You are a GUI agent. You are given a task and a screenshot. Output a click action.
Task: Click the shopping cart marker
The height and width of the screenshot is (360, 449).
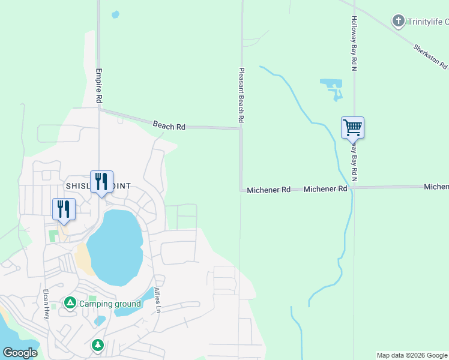(x=352, y=127)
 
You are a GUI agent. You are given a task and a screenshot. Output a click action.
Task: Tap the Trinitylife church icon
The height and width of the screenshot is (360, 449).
(x=397, y=22)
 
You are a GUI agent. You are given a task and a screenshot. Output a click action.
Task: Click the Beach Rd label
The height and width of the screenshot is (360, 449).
(x=169, y=126)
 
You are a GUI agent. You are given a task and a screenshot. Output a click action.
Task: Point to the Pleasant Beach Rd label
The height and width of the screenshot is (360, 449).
(x=241, y=95)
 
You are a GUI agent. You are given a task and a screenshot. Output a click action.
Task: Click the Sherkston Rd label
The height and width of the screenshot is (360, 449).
(x=430, y=56)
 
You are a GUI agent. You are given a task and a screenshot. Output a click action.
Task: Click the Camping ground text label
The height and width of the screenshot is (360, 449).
(x=110, y=304)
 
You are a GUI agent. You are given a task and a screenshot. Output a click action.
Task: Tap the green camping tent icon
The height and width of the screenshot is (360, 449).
(x=70, y=304)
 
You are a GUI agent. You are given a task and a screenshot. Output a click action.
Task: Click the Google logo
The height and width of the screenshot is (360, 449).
(x=19, y=353)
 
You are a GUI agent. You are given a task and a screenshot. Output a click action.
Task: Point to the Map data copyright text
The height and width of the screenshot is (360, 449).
(x=412, y=355)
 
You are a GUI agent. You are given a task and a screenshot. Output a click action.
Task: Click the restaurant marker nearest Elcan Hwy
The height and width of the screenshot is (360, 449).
(x=64, y=209)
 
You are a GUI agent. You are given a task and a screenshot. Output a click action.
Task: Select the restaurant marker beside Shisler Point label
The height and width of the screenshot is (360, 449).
(x=101, y=181)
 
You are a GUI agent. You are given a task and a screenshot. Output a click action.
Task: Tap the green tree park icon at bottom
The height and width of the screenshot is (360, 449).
(x=97, y=346)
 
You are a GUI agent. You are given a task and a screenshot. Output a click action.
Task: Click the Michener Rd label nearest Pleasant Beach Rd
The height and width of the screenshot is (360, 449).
(x=268, y=190)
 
